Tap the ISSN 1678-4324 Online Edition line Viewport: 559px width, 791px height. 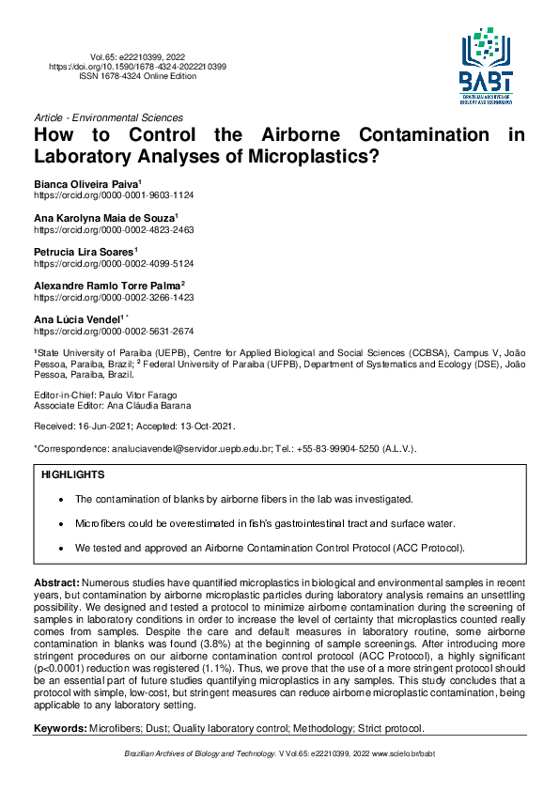[x=137, y=76]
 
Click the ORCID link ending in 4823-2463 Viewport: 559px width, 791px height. [x=114, y=228]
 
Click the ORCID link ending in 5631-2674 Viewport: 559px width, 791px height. [x=114, y=331]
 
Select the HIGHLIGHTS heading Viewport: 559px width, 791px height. [x=72, y=475]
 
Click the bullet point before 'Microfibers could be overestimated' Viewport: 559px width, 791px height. [x=61, y=522]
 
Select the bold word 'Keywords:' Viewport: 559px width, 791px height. [x=59, y=728]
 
